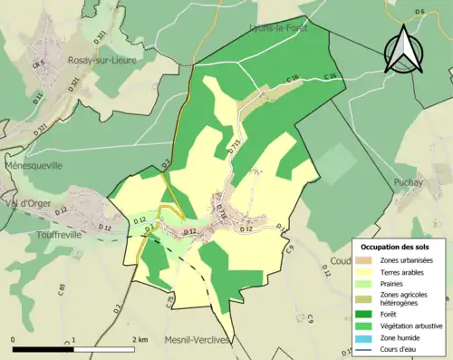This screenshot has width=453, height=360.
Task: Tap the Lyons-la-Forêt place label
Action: (x=279, y=29)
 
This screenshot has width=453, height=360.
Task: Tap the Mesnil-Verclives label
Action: (x=197, y=340)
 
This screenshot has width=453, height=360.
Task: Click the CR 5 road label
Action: (x=39, y=64)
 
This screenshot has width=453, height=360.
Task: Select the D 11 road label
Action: (x=36, y=96)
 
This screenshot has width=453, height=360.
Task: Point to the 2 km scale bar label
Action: (x=140, y=339)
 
